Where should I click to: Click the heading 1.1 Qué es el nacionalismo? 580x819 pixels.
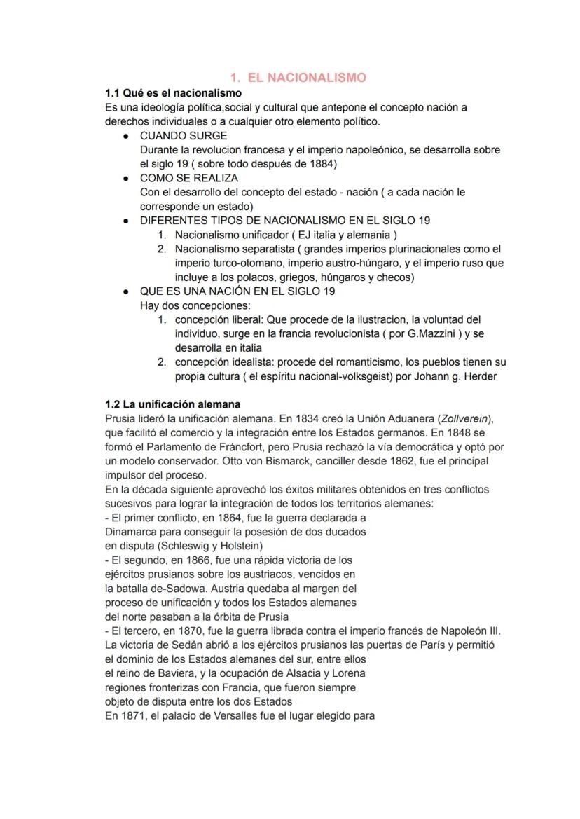pos(173,93)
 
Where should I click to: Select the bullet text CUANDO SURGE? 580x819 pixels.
pos(183,136)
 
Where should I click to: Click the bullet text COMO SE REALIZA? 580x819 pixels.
pos(189,178)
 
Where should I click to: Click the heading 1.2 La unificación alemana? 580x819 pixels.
pos(172,404)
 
